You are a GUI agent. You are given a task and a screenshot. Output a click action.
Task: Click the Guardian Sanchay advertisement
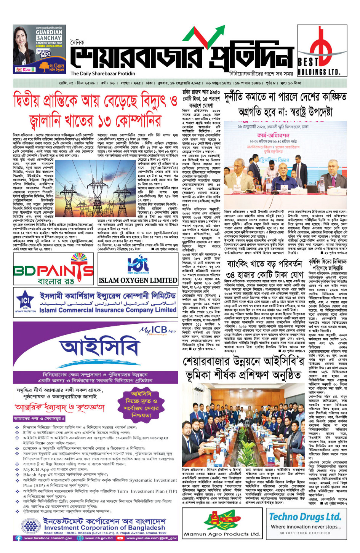(38, 50)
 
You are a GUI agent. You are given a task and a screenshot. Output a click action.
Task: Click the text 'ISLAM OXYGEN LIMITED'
(138, 281)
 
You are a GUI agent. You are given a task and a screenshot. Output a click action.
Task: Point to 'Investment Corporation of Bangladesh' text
(104, 527)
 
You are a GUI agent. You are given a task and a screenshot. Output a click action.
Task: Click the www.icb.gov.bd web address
(99, 538)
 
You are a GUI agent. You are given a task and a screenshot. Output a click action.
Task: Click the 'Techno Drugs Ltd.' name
(305, 517)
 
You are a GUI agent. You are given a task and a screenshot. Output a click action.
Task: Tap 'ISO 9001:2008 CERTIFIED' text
(305, 533)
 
